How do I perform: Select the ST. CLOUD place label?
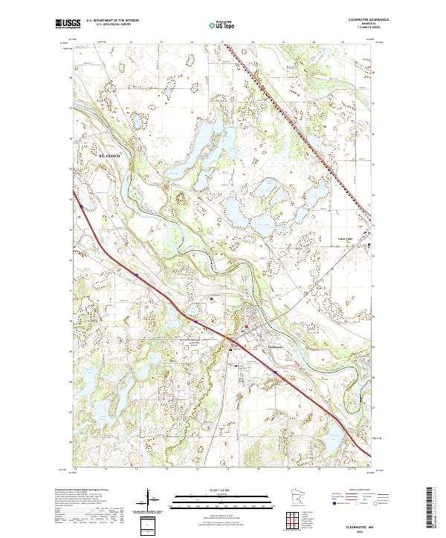(109, 156)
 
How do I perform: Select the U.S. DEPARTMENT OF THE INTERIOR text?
(111, 21)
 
